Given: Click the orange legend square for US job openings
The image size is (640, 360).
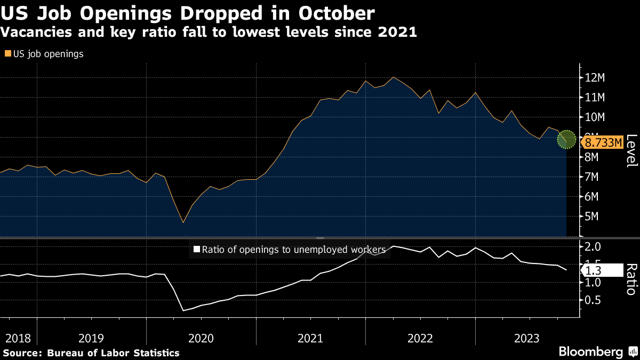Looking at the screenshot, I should coord(7,54).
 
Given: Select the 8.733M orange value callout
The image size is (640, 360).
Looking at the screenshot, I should coord(603,142).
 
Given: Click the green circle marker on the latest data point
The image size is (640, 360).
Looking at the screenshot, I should coord(566,139).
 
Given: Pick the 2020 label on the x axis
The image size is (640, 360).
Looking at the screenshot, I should coord(201,338).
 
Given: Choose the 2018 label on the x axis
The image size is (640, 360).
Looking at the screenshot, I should coord(18,338).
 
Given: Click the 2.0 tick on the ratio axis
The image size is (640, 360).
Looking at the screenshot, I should coord(594,246).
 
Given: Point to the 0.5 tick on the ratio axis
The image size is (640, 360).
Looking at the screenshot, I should coord(594,300).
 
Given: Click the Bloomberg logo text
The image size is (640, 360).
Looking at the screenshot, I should coord(590,352).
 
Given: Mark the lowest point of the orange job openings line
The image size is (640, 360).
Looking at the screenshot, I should coord(183,222).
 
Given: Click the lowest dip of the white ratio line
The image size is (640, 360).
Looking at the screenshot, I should coord(183,310).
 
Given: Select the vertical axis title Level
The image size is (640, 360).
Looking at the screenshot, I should coord(631,151).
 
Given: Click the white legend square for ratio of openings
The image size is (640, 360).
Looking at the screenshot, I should coord(196,249).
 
